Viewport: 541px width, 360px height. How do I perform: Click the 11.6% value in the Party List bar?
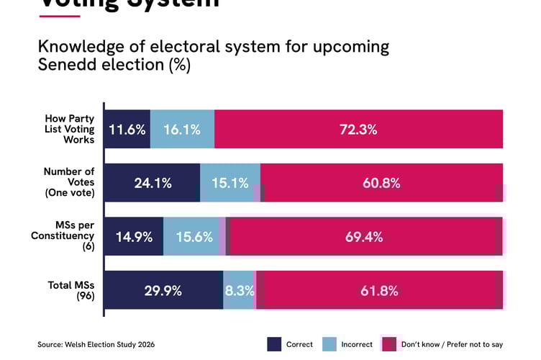coord(127,130)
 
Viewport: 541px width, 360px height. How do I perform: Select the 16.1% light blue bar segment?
coord(182,130)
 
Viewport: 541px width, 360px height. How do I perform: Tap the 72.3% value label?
coord(358,130)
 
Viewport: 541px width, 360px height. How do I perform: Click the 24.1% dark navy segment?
coord(153,183)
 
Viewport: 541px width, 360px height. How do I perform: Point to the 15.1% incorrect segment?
coord(229,183)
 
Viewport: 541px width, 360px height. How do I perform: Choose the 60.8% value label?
coord(381,183)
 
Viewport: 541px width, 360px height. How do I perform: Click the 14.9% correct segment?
coord(134,237)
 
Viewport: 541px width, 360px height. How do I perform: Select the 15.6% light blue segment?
coord(191,237)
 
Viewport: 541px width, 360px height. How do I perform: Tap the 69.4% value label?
coord(364,237)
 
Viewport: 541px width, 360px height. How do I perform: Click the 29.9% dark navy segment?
coord(163,291)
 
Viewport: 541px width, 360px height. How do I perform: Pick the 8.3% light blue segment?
coord(239,291)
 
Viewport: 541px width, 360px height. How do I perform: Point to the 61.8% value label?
coord(379,291)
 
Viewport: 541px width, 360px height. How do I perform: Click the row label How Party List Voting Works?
coord(70,129)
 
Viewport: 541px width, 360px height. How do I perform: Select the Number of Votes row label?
coord(69,182)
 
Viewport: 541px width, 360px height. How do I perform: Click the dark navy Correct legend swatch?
coord(274,344)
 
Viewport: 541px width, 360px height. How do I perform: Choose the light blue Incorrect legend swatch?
coord(330,344)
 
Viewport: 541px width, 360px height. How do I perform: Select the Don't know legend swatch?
coord(389,344)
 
